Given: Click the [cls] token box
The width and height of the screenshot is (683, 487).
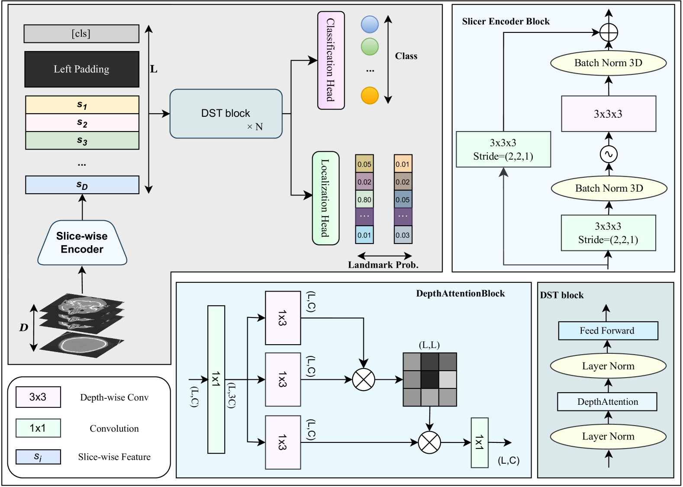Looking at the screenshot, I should tap(81, 34).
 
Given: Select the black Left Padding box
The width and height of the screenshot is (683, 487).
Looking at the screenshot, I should tap(82, 69).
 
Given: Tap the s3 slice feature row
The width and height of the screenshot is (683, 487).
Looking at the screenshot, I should tap(82, 141).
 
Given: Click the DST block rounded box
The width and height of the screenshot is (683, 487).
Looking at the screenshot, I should tap(226, 114).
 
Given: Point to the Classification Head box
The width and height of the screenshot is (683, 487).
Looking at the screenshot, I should tap(331, 60).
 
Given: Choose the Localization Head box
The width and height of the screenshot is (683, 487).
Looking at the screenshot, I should tap(325, 198).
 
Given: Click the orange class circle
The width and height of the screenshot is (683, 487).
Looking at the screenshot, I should tap(370, 96).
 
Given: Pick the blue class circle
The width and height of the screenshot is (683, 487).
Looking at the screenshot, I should tap(370, 24).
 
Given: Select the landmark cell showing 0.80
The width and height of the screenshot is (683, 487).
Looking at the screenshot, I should tap(364, 199).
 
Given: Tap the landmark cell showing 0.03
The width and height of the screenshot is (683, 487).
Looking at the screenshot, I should tap(403, 235).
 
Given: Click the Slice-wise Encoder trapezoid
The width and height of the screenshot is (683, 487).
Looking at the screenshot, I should tap(82, 243).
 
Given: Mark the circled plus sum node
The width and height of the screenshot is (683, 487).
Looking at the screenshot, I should tap(609, 32).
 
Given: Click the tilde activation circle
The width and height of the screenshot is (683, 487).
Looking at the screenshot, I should tap(609, 154).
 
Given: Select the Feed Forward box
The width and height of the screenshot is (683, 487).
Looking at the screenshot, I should tap(608, 331).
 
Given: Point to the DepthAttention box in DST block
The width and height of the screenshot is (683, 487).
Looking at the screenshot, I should tap(607, 402).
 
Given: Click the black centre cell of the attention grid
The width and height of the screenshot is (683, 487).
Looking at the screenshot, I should tap(430, 379).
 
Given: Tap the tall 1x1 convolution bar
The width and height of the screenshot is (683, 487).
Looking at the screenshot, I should tap(216, 379).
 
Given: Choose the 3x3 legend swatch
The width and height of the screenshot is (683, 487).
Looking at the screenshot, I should tap(38, 397).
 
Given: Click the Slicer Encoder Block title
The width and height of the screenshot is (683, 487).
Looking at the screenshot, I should tap(506, 21).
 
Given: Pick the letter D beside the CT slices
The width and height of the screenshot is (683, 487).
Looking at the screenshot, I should tap(24, 327).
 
